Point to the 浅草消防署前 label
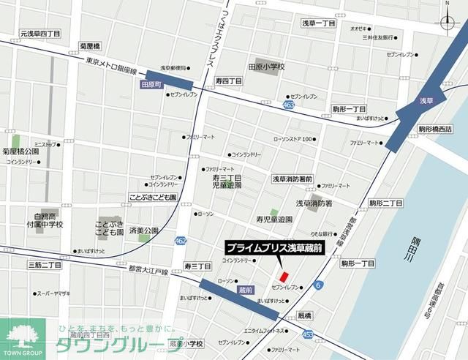click(x=292, y=179)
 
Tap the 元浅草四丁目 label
click(x=40, y=34)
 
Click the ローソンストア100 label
click(x=292, y=138)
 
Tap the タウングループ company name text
click(x=109, y=345)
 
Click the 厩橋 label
click(x=304, y=315)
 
